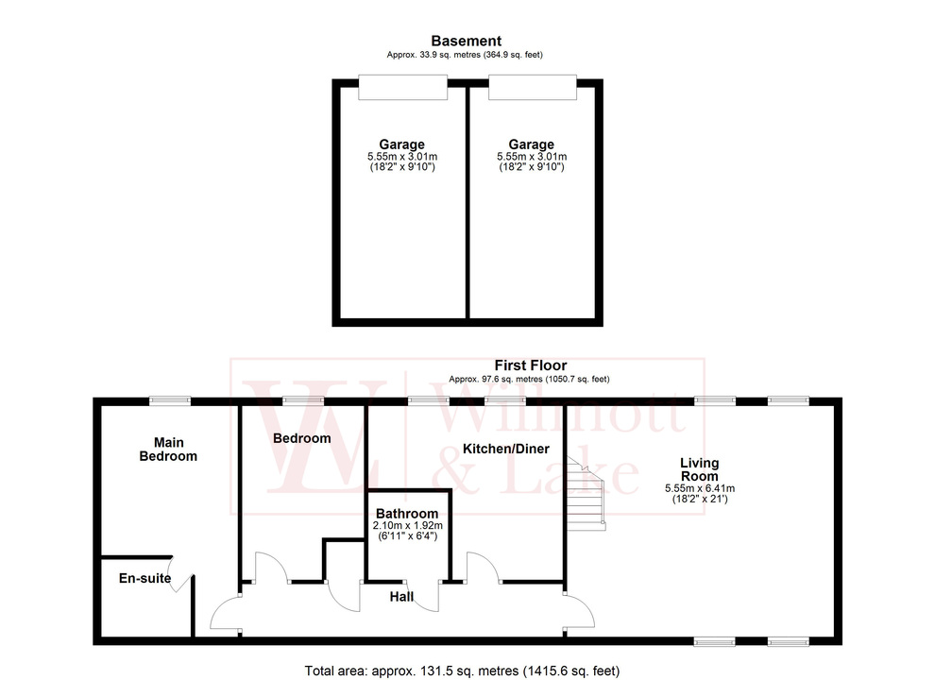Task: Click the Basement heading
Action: (466, 41)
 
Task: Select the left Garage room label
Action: (401, 144)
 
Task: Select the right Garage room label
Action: (531, 144)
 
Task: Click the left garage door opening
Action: (401, 88)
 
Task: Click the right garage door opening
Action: (531, 88)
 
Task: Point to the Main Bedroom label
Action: (168, 449)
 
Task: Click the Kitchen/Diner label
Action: (505, 448)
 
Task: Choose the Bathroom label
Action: (408, 513)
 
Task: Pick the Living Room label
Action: (700, 469)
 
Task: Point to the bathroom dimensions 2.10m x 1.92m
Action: (408, 525)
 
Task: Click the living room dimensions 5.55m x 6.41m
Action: (700, 488)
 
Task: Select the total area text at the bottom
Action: (462, 671)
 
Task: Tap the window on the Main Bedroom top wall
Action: (170, 400)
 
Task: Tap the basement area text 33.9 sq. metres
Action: (465, 55)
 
